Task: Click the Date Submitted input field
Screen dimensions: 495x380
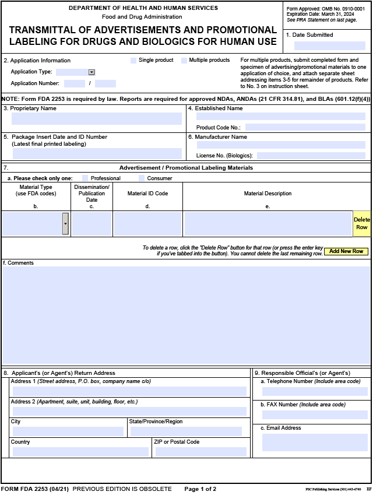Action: pyautogui.click(x=329, y=45)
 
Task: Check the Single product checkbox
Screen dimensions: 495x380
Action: pyautogui.click(x=133, y=61)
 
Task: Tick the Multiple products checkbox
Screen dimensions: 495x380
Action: pyautogui.click(x=184, y=61)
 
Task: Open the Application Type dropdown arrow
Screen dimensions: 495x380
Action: pyautogui.click(x=92, y=72)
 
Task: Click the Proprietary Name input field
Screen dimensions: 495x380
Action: pyautogui.click(x=97, y=119)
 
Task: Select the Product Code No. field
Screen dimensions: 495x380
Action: pyautogui.click(x=305, y=127)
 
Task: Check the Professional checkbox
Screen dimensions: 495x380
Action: pyautogui.click(x=86, y=178)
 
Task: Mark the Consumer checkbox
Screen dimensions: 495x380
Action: pyautogui.click(x=142, y=178)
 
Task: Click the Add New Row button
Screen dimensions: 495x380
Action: pyautogui.click(x=346, y=251)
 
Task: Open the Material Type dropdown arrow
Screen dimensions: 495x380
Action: pyautogui.click(x=65, y=224)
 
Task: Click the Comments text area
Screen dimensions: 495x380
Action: pyautogui.click(x=187, y=315)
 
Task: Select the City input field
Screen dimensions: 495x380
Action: pyautogui.click(x=68, y=431)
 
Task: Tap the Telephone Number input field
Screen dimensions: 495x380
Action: pyautogui.click(x=315, y=391)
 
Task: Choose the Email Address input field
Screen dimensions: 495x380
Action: pyautogui.click(x=315, y=442)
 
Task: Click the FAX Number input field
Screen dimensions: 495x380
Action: pyautogui.click(x=315, y=415)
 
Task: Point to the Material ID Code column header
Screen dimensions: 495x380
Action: pyautogui.click(x=147, y=194)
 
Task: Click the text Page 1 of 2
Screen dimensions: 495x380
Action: pyautogui.click(x=200, y=489)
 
